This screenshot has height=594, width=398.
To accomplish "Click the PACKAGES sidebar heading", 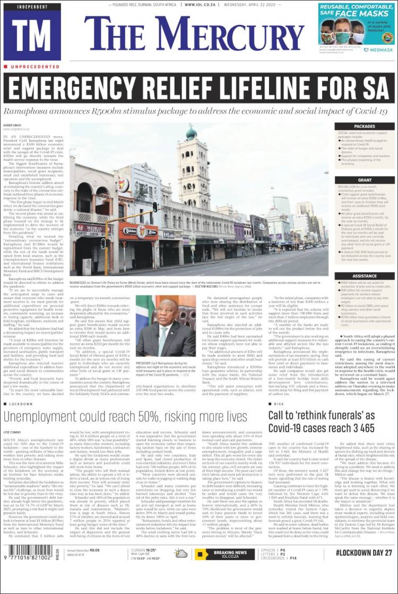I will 364,127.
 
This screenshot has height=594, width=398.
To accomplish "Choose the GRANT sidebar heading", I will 364,180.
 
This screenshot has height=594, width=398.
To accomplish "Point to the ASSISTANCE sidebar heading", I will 364,276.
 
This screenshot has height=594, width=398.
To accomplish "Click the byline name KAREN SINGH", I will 13,125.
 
